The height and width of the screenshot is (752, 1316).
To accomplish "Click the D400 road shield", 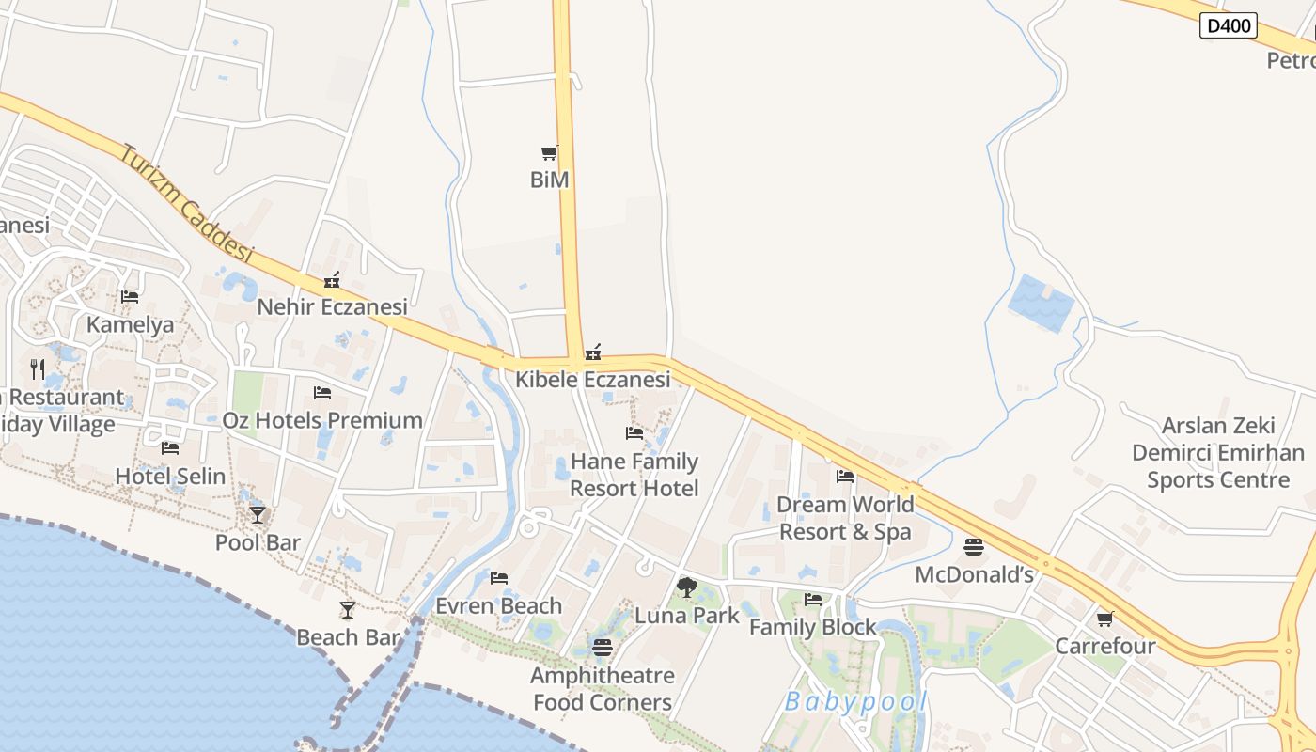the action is click(1229, 25).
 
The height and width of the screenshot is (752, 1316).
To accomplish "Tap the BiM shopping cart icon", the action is click(550, 152).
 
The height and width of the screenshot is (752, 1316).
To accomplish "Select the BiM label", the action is click(550, 180).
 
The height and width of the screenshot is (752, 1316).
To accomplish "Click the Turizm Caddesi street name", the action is click(187, 203).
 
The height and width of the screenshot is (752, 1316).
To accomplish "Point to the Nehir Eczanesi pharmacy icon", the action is click(332, 280).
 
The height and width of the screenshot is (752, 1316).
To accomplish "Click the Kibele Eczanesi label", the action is click(593, 380).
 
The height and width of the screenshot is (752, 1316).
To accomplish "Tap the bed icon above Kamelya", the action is click(130, 297).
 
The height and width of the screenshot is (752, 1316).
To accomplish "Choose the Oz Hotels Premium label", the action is click(322, 420).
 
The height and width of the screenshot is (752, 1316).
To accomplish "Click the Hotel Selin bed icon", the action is click(170, 448).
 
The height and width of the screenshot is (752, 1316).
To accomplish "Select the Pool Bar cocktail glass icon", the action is click(258, 515).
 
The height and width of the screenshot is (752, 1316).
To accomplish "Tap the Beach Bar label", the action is click(349, 637).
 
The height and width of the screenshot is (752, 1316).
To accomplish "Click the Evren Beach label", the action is click(499, 606).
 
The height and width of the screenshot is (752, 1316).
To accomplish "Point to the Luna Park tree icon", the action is click(687, 588).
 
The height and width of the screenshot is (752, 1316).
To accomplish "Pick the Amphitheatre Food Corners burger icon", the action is click(603, 648).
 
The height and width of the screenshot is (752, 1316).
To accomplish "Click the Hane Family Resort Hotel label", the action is click(634, 475).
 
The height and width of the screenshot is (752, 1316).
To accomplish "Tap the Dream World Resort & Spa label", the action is click(845, 518).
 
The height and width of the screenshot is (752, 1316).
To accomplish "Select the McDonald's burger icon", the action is click(974, 547).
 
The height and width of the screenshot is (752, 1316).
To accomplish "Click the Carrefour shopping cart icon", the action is click(1105, 619).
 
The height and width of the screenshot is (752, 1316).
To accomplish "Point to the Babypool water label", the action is click(855, 701).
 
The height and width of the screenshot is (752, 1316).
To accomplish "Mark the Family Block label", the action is click(813, 627).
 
